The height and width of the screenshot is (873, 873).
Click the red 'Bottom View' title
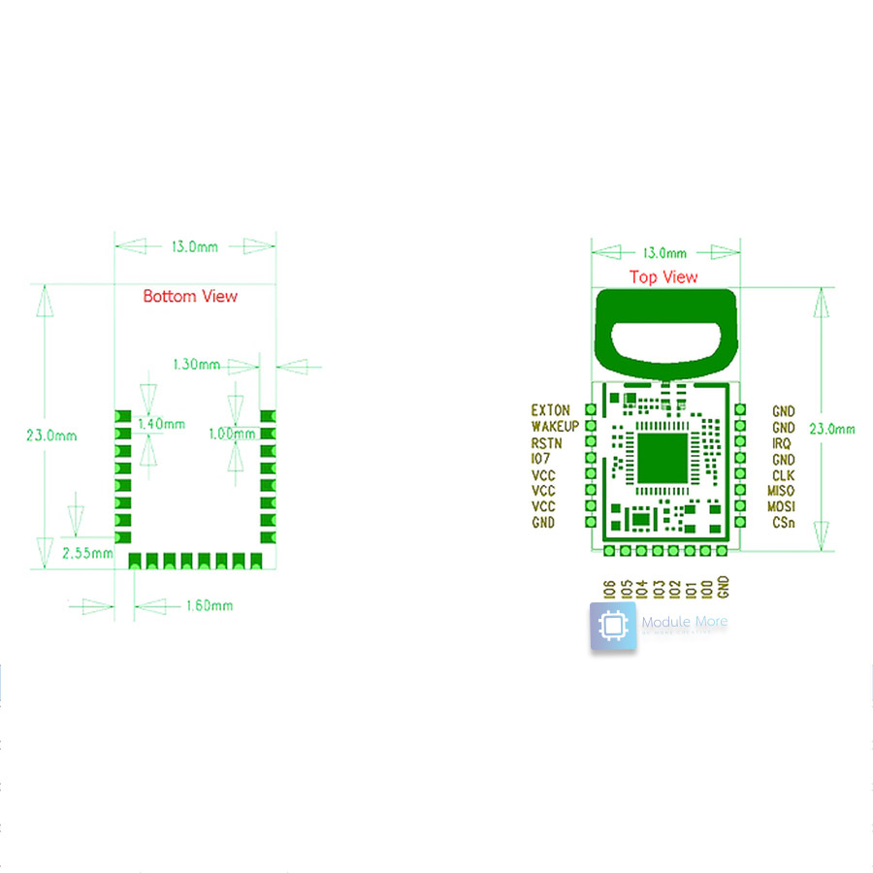point(190,296)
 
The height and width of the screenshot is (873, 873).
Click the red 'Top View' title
point(663,277)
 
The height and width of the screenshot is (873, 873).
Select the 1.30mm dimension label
point(196,365)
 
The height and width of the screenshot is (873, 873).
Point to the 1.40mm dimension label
point(161,424)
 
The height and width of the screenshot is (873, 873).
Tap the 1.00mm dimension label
point(232,434)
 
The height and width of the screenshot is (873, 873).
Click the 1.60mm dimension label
point(209,606)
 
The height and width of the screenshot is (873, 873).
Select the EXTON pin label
point(551,411)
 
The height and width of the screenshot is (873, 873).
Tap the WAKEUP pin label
point(555,427)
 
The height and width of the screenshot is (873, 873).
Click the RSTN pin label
point(547,443)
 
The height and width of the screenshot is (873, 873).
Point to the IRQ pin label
point(782,443)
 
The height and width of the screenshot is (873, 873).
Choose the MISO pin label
point(781,491)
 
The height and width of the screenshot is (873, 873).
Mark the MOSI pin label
point(781,506)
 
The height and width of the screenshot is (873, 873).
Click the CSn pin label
point(783,523)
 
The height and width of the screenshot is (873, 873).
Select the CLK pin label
point(783,475)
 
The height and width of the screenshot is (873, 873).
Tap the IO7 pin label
point(541,459)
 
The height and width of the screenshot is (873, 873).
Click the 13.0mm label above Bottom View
point(194,247)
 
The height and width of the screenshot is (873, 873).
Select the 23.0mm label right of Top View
point(833,429)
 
